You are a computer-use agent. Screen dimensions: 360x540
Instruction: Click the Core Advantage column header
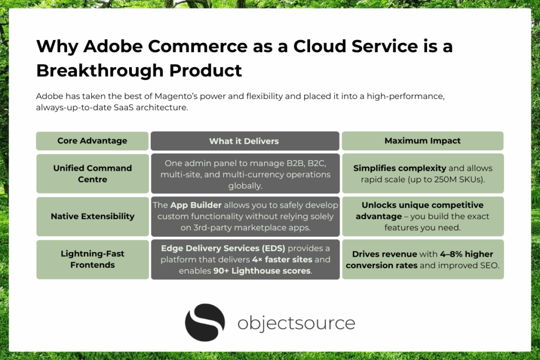coord(92,141)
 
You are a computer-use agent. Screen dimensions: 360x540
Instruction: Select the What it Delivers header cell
coord(244,141)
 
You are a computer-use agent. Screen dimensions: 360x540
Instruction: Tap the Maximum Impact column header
coord(422,141)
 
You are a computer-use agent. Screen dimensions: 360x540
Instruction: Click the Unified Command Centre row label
coord(92,173)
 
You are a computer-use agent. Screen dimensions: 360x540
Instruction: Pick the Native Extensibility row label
coord(92,216)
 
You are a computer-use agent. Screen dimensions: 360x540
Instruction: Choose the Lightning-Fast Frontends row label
coord(92,259)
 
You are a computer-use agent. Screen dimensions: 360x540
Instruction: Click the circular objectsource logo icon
coord(205,323)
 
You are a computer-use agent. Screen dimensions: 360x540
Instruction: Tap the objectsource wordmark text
coord(296,323)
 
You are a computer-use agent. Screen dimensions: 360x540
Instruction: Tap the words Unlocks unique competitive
coord(422,205)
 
